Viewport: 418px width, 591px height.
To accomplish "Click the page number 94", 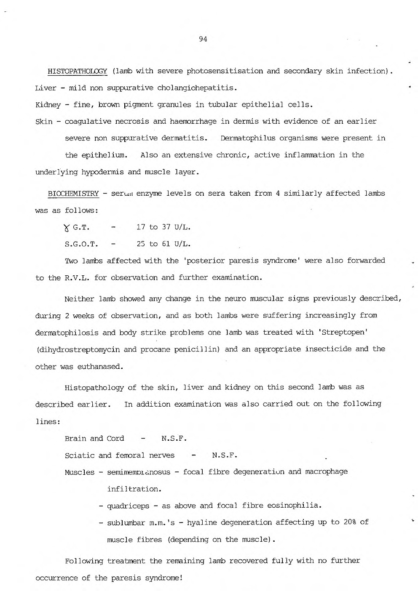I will (x=203, y=40).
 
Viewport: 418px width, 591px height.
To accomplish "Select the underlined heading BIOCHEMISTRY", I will (x=73, y=194).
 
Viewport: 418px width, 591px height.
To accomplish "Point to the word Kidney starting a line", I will (x=46, y=105).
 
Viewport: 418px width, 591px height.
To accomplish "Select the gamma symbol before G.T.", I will (x=67, y=228).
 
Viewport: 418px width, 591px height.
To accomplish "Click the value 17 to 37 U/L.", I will (x=163, y=227).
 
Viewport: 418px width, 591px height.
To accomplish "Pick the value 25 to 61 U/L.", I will (x=163, y=244).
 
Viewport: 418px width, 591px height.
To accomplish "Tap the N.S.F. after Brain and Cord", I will (x=174, y=439).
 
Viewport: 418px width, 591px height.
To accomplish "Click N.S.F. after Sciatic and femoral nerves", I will (x=225, y=455).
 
